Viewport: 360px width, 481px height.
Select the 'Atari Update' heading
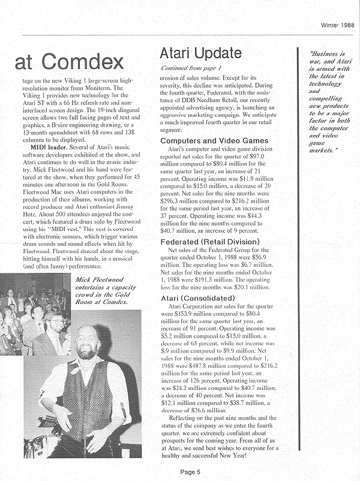click(201, 53)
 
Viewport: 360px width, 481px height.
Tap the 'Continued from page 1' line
click(191, 68)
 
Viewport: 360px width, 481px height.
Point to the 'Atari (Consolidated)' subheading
click(197, 298)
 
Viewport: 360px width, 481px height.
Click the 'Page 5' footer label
click(191, 471)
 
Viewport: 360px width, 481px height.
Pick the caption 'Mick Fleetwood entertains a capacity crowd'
click(106, 290)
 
